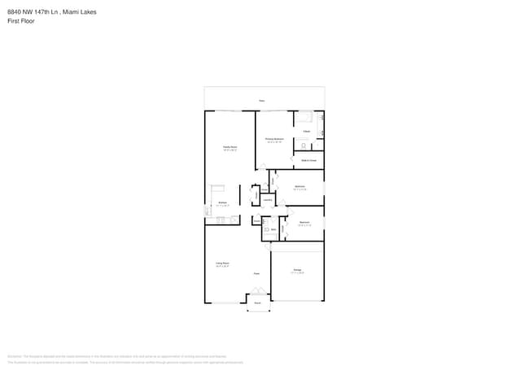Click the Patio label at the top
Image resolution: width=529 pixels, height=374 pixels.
pyautogui.click(x=261, y=101)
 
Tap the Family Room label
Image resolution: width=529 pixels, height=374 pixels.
pyautogui.click(x=230, y=148)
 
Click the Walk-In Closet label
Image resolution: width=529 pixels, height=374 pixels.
pyautogui.click(x=308, y=160)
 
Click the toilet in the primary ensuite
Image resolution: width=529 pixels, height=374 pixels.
pyautogui.click(x=303, y=146)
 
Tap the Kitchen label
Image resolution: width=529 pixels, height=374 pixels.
pyautogui.click(x=221, y=203)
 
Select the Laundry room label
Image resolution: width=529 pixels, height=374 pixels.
pyautogui.click(x=267, y=198)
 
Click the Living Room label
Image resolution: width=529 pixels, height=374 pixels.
pyautogui.click(x=221, y=263)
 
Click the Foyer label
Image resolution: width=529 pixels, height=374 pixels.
pyautogui.click(x=256, y=273)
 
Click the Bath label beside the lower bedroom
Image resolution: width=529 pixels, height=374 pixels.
pyautogui.click(x=273, y=230)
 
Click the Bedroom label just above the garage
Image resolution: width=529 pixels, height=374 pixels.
pyautogui.click(x=304, y=223)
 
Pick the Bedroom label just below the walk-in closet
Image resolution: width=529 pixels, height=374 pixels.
pyautogui.click(x=299, y=187)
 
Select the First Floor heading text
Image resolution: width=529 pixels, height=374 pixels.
pyautogui.click(x=20, y=21)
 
